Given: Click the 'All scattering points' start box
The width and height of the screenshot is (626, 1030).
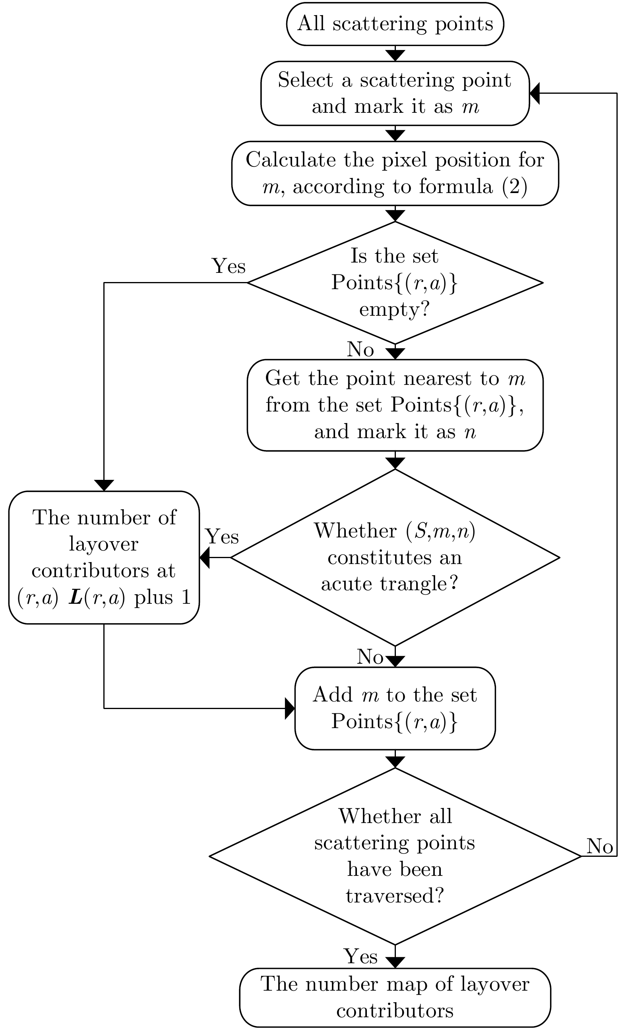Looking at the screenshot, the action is pos(395,24).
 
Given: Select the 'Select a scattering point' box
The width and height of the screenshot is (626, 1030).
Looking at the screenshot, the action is pos(395,93).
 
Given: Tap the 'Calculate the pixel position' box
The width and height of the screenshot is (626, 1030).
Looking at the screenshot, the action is pos(395,173).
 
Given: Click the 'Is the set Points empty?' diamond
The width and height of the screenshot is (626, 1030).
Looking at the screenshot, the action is pos(395,282).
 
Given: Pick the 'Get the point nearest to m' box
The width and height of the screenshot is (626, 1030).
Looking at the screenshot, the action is pos(395,405).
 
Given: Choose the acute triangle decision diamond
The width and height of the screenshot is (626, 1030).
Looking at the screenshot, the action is pos(395,557).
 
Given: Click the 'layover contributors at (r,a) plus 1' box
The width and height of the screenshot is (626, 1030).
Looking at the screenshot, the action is pos(104,557).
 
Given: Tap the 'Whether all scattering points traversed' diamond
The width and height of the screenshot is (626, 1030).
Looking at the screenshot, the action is pos(395,856).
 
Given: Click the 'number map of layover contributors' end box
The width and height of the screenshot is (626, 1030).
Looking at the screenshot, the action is pos(395,997).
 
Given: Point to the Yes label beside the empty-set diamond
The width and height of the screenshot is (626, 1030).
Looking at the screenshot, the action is pos(228,266).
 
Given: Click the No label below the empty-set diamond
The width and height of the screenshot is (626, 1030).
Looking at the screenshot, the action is pos(360,349).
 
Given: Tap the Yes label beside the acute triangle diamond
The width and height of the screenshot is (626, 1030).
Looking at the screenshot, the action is pos(222,536).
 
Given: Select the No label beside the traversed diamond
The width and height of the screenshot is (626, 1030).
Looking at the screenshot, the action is pos(600,846).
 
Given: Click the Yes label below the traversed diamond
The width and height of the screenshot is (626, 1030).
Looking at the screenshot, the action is pos(360,957).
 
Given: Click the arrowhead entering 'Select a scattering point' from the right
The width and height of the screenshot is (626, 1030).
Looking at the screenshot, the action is pos(535,93).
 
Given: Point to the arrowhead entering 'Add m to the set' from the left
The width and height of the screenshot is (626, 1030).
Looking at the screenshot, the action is pos(290,708).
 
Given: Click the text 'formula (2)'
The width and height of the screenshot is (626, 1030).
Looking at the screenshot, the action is pos(473,186).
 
